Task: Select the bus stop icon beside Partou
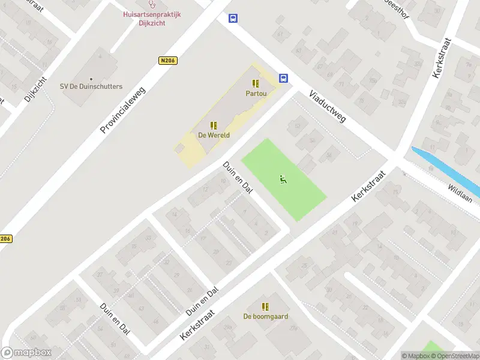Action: [283, 78]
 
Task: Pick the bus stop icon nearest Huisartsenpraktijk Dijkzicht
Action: [233, 19]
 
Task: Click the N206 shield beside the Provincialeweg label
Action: [167, 60]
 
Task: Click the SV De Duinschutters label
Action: [91, 86]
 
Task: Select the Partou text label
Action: [256, 94]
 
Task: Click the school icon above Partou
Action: [256, 84]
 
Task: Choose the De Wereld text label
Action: [213, 135]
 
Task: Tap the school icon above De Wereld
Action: [213, 125]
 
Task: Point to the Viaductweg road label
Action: [328, 107]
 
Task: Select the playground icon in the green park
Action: [283, 178]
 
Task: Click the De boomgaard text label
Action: [265, 316]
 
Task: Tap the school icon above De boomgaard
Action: [265, 307]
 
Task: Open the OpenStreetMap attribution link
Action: [454, 356]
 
